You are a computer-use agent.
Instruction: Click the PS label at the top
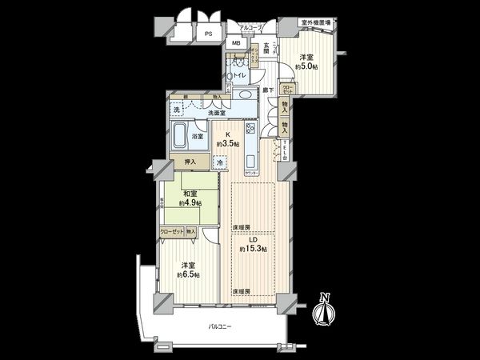click(208, 34)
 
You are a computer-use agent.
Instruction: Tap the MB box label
click(237, 44)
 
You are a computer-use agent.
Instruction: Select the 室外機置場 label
click(316, 23)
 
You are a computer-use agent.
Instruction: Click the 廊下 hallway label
click(270, 90)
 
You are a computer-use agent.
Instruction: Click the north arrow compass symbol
click(324, 310)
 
